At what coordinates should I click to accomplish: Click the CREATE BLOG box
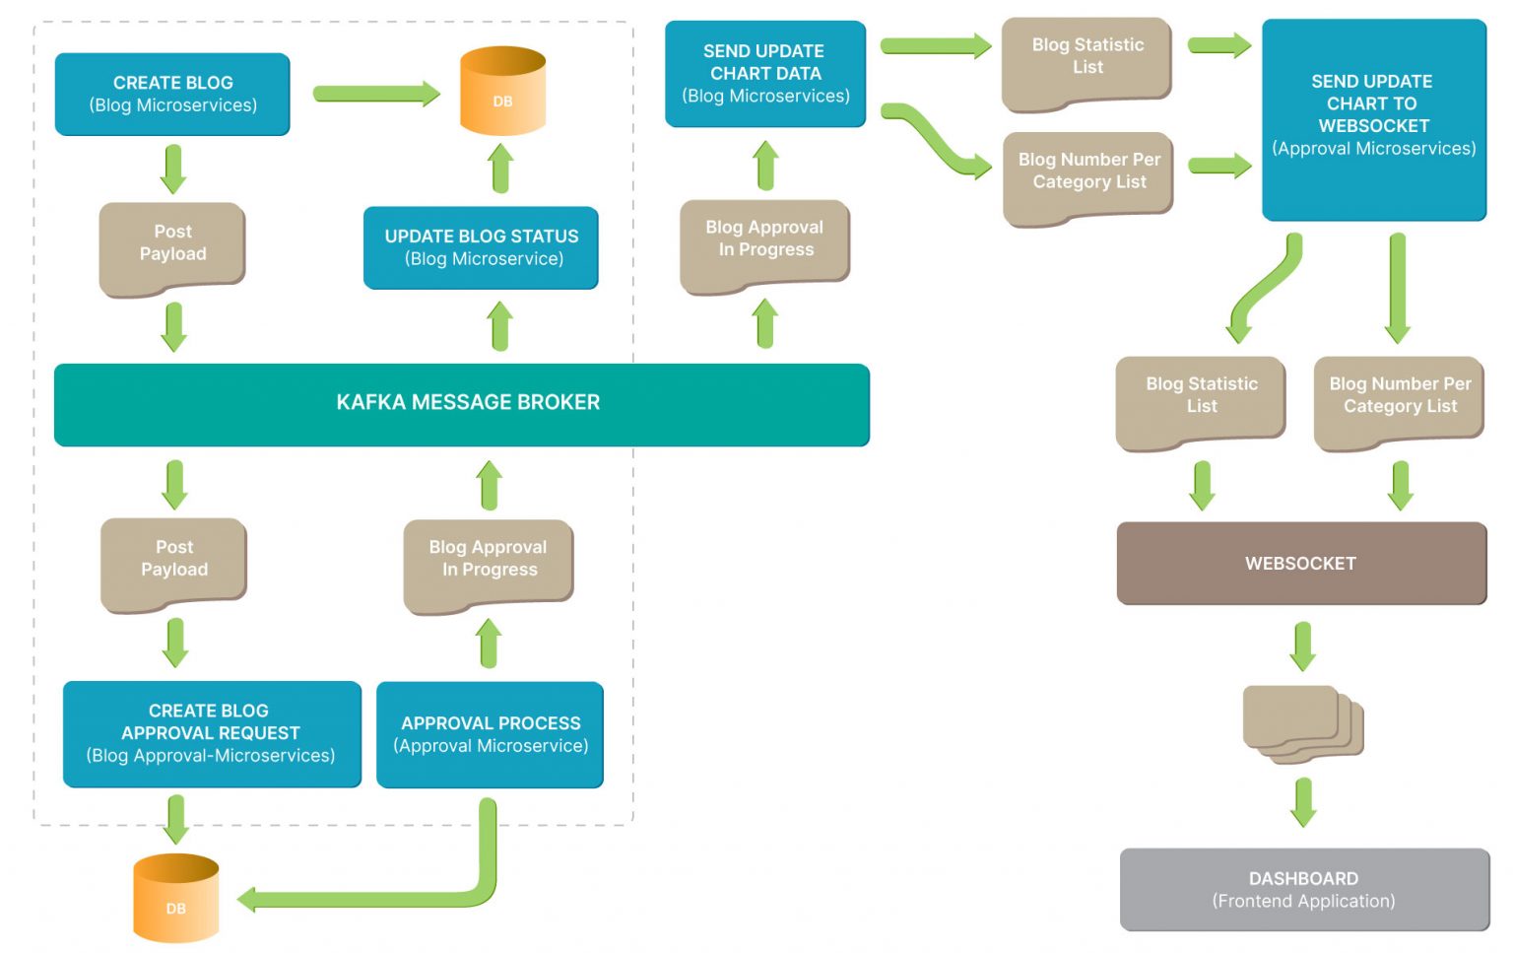pyautogui.click(x=172, y=94)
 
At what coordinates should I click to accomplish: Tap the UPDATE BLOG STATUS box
pyautogui.click(x=481, y=247)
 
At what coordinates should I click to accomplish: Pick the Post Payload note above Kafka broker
pyautogui.click(x=172, y=246)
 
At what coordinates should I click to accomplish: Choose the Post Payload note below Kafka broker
pyautogui.click(x=173, y=562)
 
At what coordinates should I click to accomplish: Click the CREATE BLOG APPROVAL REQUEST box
pyautogui.click(x=212, y=733)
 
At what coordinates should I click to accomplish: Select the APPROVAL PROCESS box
pyautogui.click(x=490, y=734)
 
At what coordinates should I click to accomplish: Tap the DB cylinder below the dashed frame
pyautogui.click(x=175, y=898)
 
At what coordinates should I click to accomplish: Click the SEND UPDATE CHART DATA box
pyautogui.click(x=765, y=74)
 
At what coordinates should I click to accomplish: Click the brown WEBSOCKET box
pyautogui.click(x=1300, y=563)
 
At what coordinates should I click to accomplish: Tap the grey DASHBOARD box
pyautogui.click(x=1303, y=889)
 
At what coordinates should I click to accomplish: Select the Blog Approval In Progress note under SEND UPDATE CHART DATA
pyautogui.click(x=764, y=243)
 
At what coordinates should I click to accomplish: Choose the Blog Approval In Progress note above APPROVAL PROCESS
pyautogui.click(x=488, y=563)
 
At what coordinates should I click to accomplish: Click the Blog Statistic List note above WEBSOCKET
pyautogui.click(x=1201, y=399)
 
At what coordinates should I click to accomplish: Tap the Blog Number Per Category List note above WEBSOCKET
pyautogui.click(x=1399, y=399)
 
